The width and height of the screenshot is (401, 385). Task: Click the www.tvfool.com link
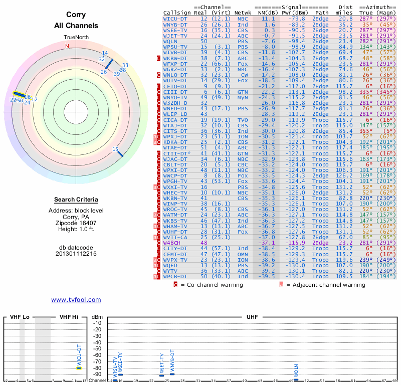pyautogui.click(x=76, y=300)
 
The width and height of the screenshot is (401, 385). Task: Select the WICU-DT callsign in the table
pyautogui.click(x=175, y=19)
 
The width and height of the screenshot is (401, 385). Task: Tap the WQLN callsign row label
pyautogui.click(x=172, y=41)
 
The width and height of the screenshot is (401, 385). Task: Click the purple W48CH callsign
pyautogui.click(x=173, y=242)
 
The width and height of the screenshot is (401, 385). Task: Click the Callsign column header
pyautogui.click(x=177, y=13)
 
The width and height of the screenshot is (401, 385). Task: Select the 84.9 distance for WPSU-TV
pyautogui.click(x=346, y=47)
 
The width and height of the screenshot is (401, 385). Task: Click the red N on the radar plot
pyautogui.click(x=67, y=46)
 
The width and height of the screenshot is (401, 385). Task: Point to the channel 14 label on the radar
pyautogui.click(x=105, y=53)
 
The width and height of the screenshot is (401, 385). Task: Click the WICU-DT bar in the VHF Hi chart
pyautogui.click(x=79, y=368)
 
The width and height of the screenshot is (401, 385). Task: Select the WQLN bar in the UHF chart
pyautogui.click(x=296, y=379)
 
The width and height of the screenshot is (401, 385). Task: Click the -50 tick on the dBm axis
pyautogui.click(x=97, y=348)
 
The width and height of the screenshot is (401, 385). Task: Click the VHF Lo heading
pyautogui.click(x=20, y=317)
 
